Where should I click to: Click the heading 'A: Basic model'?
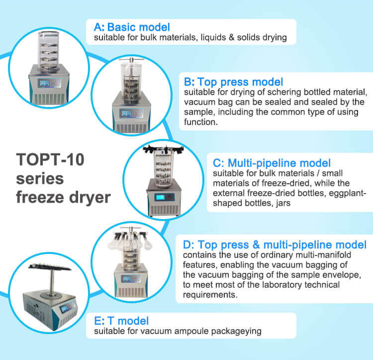coord(132,27)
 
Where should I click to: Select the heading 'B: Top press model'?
coord(233,82)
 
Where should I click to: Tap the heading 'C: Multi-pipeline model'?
coord(272,163)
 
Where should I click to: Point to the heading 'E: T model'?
coord(121,321)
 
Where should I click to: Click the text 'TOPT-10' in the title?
coord(50,159)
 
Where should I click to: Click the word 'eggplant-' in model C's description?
coord(347,193)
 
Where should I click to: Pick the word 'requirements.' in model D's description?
coord(210,295)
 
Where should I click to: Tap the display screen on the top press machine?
coord(126,113)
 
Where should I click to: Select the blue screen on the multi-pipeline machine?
coord(160,197)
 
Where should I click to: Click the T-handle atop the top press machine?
coord(131,60)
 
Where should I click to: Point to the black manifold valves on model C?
coord(163,149)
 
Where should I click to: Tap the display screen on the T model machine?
coord(65,308)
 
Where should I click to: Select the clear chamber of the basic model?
coord(49,51)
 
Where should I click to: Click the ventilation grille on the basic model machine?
coord(49,99)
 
